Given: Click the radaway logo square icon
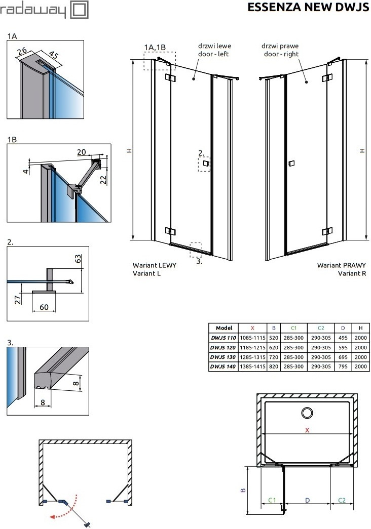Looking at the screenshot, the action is (x=79, y=10).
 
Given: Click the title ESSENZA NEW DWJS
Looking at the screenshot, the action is (x=308, y=7).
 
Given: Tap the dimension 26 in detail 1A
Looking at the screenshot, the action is (x=22, y=51).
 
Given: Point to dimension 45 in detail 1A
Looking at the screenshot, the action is (x=53, y=54).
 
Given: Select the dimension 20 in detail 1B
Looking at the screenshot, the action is (x=82, y=152).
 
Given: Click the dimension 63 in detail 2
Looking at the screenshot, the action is (x=78, y=259).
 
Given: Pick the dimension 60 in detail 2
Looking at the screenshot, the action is (x=44, y=307).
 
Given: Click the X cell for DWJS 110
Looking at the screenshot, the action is (x=252, y=338).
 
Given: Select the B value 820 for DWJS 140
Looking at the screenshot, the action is (x=274, y=367).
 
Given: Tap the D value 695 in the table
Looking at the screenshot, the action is (x=343, y=357).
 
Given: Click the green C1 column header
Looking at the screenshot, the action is (x=293, y=328).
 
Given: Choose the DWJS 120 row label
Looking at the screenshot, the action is (x=223, y=347).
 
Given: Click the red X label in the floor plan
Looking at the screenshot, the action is (x=307, y=430).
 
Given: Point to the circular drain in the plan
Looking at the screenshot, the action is (x=307, y=413).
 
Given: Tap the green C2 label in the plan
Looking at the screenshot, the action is (x=342, y=500).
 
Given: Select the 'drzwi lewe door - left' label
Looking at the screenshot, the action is (x=214, y=50).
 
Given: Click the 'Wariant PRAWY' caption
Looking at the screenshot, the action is (x=341, y=265).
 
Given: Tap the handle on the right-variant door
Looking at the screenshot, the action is (x=291, y=164).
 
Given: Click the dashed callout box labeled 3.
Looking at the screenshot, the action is (x=196, y=248).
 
